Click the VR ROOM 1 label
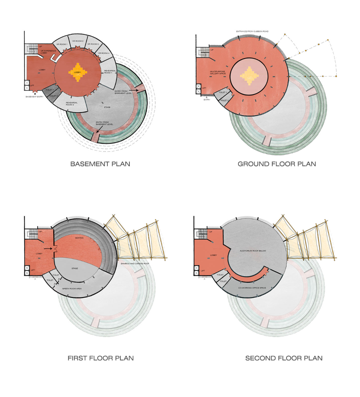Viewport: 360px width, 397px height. [62, 44]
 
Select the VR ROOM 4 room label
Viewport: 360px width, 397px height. [104, 53]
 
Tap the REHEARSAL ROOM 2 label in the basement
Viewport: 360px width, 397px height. [72, 103]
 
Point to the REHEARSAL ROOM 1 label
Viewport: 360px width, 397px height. [110, 72]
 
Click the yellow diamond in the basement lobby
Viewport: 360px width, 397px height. [78, 72]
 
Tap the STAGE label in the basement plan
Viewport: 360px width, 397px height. [107, 107]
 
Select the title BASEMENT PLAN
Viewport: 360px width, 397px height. [100, 164]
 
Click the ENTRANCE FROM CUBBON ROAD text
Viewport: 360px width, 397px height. [252, 31]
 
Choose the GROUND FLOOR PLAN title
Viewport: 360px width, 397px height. [277, 164]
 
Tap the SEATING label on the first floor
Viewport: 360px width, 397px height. [79, 238]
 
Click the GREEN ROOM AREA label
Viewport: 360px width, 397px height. [72, 288]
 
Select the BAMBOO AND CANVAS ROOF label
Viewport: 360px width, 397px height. [135, 263]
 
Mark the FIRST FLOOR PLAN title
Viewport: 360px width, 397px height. [100, 358]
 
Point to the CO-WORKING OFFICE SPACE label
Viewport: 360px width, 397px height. [252, 288]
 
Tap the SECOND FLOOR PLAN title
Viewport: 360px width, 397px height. [284, 358]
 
